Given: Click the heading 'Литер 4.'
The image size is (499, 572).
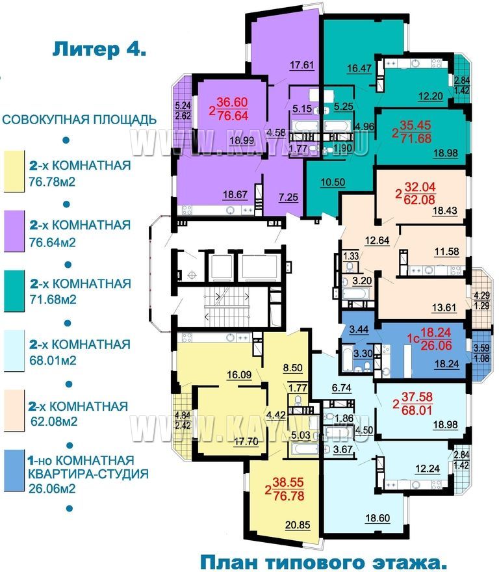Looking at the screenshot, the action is coord(99,49).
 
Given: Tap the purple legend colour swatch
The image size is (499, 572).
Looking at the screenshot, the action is coord(14,231).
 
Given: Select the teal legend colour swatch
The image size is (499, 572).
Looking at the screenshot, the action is coord(14,291).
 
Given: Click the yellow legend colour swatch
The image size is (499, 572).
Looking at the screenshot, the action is coord(14,172).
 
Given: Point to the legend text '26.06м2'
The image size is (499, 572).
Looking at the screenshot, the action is coord(52,487).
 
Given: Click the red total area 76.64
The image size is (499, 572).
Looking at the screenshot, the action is coord(233,116).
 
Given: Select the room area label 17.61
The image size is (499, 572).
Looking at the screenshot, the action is coord(301,65).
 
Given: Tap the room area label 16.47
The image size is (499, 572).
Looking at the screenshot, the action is coord(359,68).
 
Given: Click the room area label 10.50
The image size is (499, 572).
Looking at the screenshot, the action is coord(333,182).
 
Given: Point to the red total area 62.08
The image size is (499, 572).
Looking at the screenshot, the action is coord(420,200).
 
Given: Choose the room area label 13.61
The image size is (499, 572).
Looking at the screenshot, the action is coord(444,307).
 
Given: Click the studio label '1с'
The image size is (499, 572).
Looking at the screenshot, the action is coord(413,339).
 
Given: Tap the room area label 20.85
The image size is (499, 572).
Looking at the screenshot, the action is coord(298,525).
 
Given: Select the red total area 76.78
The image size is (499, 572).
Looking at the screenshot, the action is coord(288,496).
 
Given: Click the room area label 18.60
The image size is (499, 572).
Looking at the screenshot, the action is coord(377,517).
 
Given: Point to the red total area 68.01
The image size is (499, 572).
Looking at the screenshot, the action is coord(416,410).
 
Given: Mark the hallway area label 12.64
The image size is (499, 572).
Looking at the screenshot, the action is coord(377,240).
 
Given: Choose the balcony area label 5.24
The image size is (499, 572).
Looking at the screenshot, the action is coord(183,106).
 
